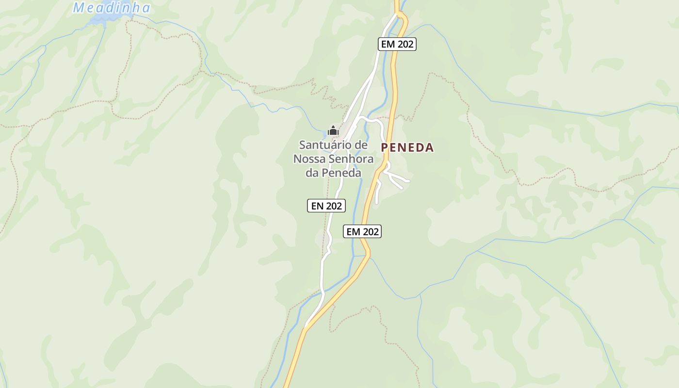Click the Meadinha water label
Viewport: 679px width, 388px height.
(x=112, y=8)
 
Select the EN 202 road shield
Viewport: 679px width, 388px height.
(x=326, y=206)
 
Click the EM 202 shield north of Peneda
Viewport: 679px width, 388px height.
(x=397, y=44)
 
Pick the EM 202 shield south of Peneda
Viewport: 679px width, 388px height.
(x=362, y=232)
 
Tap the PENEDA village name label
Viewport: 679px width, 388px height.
(x=407, y=148)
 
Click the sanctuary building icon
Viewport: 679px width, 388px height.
(x=333, y=130)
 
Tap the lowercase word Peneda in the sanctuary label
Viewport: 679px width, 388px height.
(x=342, y=173)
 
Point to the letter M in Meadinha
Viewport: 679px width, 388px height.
(x=79, y=8)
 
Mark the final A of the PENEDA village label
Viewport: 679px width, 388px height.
(x=429, y=148)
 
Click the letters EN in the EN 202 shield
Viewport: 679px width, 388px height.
(x=317, y=206)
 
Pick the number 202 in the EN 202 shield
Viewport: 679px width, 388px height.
(x=334, y=206)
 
